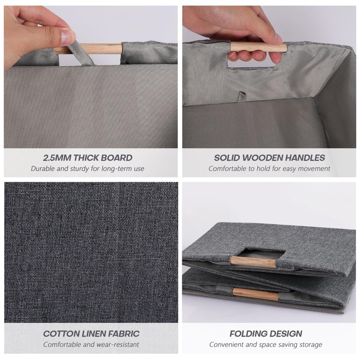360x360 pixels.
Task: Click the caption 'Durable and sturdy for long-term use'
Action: click(x=88, y=169)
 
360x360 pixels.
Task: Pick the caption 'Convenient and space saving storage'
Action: click(x=265, y=345)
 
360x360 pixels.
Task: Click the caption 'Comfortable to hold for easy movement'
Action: click(x=269, y=169)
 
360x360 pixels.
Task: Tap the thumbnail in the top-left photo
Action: click(x=66, y=36)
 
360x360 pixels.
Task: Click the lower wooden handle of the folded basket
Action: click(x=256, y=295)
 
